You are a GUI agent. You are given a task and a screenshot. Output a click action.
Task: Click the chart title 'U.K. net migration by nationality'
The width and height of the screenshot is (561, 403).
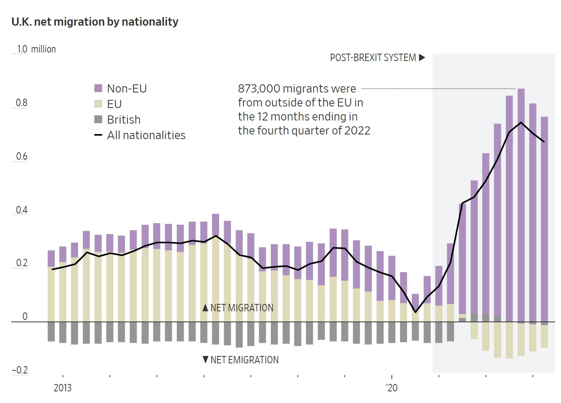coord(95,22)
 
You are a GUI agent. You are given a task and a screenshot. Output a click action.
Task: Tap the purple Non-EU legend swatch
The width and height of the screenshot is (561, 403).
coord(98,88)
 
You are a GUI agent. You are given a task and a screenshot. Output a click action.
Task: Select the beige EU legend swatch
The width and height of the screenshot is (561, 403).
coord(98,104)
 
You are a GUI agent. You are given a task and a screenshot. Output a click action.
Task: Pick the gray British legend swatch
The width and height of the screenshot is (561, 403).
coord(98,119)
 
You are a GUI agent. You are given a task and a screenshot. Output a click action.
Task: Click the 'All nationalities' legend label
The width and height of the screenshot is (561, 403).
coord(146,135)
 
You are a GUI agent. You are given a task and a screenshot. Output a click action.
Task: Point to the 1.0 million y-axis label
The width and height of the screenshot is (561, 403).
coord(36,49)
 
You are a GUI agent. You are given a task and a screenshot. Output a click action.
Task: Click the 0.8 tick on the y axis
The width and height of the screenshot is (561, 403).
coord(22,103)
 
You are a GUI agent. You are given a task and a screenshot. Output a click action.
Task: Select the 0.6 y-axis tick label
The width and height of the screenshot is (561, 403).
coord(22,157)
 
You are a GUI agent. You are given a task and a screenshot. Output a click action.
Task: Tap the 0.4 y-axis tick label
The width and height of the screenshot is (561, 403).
coord(22,210)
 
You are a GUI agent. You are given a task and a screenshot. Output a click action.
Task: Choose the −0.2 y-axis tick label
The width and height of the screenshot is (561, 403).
coord(20,370)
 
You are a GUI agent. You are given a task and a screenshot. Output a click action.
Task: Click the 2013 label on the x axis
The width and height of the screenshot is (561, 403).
coord(63,388)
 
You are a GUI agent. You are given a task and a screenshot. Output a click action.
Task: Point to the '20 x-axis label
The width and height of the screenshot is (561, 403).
coord(392,388)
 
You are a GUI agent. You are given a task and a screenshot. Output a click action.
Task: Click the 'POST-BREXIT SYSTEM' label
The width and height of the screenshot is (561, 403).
coord(373,58)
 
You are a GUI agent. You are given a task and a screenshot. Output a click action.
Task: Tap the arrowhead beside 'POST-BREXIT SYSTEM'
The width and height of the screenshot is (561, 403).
coord(422,58)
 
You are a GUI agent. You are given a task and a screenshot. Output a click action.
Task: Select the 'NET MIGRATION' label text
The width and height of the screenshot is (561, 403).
coord(242,308)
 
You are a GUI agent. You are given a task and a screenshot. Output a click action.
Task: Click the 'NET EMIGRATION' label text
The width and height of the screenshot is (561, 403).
coord(244,360)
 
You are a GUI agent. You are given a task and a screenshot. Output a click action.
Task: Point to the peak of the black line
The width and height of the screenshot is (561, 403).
coord(521,122)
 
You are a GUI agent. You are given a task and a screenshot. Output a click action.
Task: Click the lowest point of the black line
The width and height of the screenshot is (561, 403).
coord(415,312)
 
